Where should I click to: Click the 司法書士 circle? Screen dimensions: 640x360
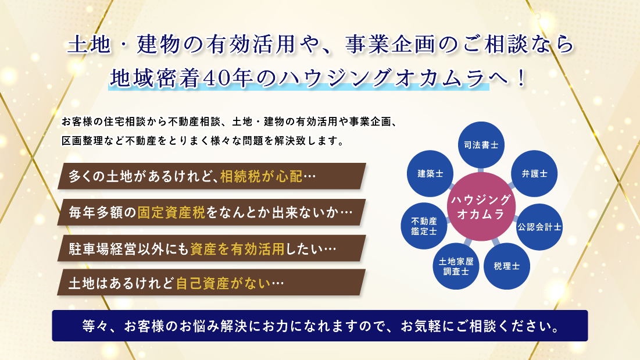481,145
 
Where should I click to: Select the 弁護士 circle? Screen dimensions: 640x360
534,173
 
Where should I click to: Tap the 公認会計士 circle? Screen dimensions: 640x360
539,227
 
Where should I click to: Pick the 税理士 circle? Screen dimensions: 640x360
506,266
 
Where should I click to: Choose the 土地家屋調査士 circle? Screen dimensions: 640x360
456,266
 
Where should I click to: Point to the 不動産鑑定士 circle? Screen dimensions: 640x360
424,226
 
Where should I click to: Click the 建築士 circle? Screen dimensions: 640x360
430,173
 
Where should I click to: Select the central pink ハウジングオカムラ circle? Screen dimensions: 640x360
481,206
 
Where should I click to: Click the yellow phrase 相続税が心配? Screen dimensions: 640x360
261,176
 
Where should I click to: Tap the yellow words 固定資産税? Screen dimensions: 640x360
171,212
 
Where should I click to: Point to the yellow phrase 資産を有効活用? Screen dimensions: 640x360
237,248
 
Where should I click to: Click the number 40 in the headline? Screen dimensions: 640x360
215,79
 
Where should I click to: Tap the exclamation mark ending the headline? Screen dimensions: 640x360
521,79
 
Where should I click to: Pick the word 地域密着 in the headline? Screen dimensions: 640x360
155,79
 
